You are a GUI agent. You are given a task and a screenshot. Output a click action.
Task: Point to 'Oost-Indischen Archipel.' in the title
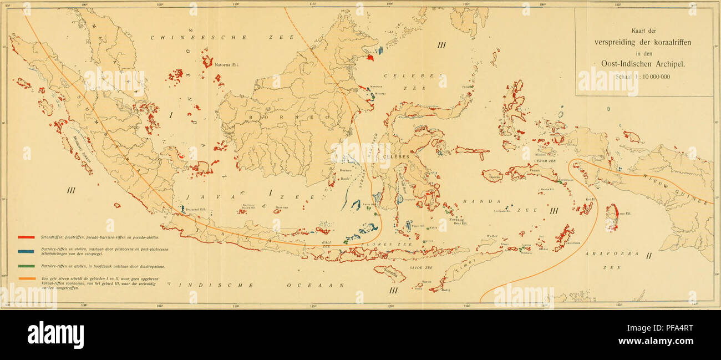tap(644, 63)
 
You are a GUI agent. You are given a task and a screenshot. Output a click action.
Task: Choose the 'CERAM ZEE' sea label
tap(545, 161)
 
